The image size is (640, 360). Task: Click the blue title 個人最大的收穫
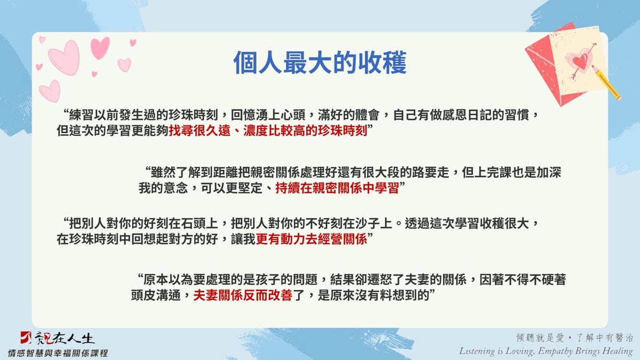pyautogui.click(x=320, y=63)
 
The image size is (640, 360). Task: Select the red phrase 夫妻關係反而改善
pyautogui.click(x=243, y=295)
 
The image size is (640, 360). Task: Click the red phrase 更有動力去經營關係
pyautogui.click(x=311, y=239)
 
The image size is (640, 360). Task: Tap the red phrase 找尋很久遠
pyautogui.click(x=199, y=131)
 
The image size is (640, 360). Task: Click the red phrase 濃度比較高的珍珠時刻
pyautogui.click(x=305, y=131)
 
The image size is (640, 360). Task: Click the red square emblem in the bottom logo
pyautogui.click(x=26, y=338)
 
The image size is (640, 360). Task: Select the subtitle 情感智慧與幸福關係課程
pyautogui.click(x=58, y=353)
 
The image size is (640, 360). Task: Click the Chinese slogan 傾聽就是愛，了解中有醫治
pyautogui.click(x=574, y=338)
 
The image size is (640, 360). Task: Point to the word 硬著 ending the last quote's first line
pyautogui.click(x=554, y=279)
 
